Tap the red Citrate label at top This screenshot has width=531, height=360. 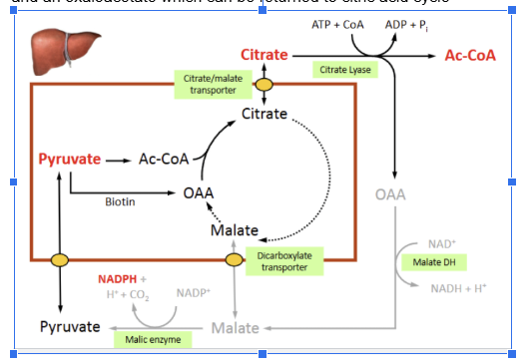coord(265,53)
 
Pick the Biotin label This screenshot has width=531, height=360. coord(120,201)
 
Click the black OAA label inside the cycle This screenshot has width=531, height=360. coord(199,192)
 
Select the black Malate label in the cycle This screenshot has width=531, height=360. coord(235,230)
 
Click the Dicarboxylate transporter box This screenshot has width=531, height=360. coord(284,261)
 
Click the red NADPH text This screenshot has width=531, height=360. coord(118,278)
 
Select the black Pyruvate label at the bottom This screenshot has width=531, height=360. coord(69,327)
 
